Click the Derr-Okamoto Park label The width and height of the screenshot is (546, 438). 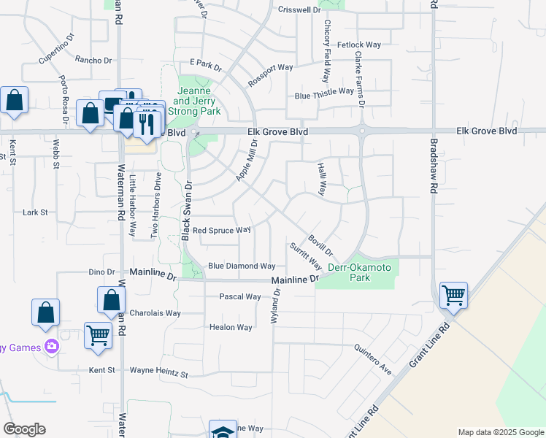360,273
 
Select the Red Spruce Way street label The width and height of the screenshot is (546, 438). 222,231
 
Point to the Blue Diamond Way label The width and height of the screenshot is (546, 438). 242,266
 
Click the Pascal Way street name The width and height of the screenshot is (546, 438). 240,297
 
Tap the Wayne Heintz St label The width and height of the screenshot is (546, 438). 158,372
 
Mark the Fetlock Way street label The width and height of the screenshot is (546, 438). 359,45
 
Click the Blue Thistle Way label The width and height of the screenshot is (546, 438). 324,95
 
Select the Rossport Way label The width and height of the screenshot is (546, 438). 270,75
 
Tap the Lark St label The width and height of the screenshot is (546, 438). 35,212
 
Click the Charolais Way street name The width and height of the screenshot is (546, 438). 155,313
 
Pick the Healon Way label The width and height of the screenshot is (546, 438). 231,328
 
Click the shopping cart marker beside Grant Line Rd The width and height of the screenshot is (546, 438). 453,296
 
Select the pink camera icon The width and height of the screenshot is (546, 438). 51,347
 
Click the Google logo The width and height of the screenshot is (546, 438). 24,429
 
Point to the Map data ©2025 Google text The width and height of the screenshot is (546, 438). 500,432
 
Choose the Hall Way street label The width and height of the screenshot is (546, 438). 321,179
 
